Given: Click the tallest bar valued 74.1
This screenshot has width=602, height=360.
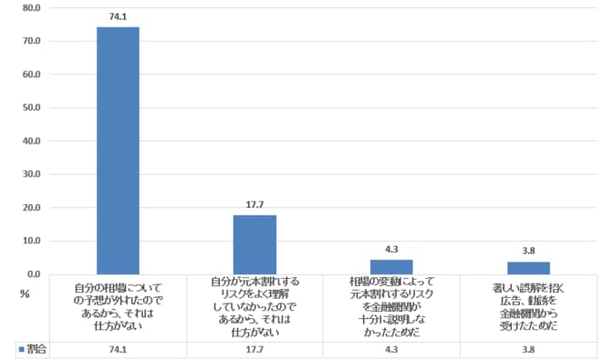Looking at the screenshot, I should coord(118,150).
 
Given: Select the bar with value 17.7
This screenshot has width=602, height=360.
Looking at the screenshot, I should coord(254,244).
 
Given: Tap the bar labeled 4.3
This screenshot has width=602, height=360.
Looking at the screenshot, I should coord(391,266).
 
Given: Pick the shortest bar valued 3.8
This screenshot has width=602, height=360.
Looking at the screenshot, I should coord(528,267).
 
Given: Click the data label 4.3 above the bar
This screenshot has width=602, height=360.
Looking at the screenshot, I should coord(391,249).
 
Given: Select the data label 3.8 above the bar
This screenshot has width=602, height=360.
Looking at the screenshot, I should coord(528,251).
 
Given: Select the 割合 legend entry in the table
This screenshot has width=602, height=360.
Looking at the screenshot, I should coord(32,348).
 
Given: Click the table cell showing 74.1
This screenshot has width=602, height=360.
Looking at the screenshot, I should coord(118,348).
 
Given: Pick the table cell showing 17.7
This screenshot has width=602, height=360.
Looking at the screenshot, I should coord(254,348).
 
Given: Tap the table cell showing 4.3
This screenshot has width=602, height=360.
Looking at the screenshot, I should coord(391,348).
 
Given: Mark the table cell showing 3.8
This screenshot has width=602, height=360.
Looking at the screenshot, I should coord(528,348).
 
